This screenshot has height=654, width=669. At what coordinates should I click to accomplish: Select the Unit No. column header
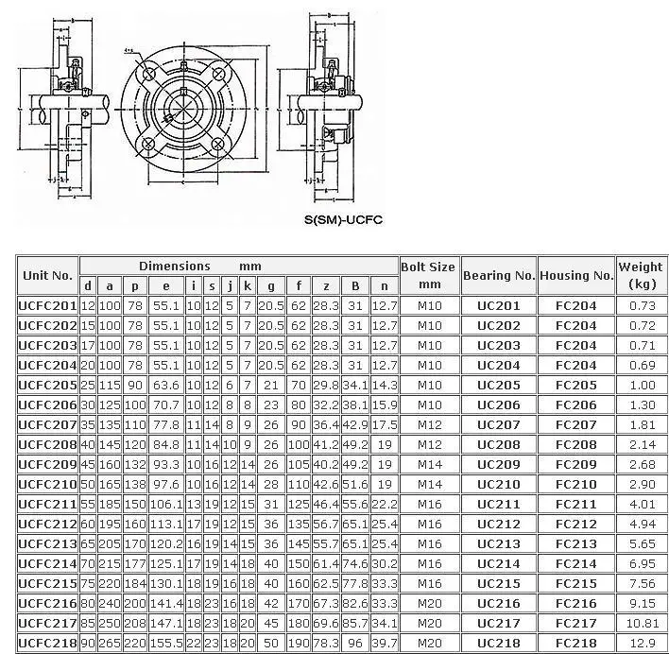click(x=47, y=276)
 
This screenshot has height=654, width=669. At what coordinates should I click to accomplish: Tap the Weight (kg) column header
click(x=641, y=275)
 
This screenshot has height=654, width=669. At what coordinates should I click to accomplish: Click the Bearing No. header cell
click(x=499, y=276)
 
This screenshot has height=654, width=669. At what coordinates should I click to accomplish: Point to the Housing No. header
click(x=576, y=276)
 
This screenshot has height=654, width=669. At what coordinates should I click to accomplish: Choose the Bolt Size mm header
click(x=429, y=275)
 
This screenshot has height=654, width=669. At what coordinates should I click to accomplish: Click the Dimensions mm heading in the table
click(x=199, y=267)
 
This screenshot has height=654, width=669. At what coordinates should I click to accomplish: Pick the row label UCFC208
click(x=47, y=444)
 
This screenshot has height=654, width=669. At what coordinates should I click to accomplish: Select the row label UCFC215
click(x=47, y=583)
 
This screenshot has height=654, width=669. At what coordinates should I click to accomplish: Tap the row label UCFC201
click(x=47, y=305)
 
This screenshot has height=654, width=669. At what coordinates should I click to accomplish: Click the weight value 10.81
click(x=641, y=623)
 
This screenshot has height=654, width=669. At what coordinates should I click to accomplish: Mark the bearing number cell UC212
click(x=499, y=524)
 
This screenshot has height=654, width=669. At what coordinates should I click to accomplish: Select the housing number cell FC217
click(x=576, y=623)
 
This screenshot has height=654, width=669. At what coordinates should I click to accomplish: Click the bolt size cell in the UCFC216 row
click(x=429, y=603)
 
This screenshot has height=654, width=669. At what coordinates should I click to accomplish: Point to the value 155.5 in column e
click(x=166, y=643)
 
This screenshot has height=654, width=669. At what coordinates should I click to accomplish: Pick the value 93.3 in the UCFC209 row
click(x=166, y=464)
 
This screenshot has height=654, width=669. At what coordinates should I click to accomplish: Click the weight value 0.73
click(x=641, y=305)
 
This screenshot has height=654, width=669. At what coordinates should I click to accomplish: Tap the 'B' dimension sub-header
click(x=353, y=286)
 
